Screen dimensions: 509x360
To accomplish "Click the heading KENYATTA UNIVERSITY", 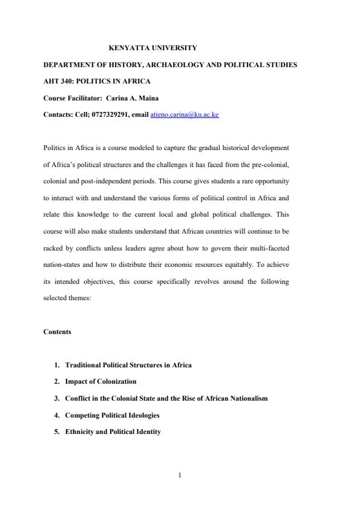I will point(152,47).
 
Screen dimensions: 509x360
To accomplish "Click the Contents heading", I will point(57,332).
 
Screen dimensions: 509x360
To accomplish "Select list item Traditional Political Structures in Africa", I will point(128,365).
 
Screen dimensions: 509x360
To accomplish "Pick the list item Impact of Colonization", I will point(100,381).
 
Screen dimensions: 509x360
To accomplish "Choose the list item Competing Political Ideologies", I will point(112,415).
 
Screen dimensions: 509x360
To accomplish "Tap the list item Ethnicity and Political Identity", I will point(113,432).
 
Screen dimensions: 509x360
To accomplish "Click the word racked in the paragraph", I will point(53,248).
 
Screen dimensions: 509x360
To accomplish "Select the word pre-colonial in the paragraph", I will point(273,163).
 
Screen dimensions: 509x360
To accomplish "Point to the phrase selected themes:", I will point(67,298).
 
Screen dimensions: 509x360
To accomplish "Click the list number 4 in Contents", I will point(57,415).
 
